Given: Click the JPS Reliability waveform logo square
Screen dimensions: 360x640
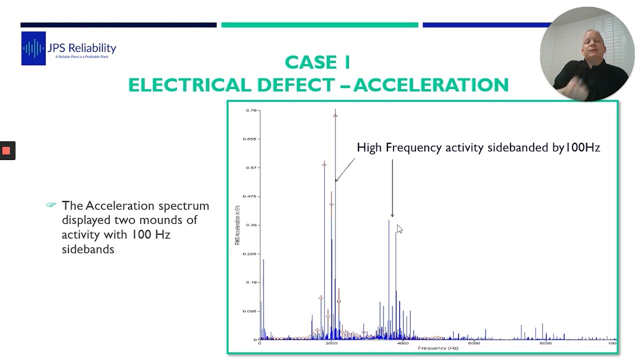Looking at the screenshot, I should click(x=33, y=48).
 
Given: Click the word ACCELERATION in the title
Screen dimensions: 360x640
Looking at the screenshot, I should click(x=431, y=85).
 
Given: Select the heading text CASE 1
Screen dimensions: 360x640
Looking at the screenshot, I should click(x=317, y=63).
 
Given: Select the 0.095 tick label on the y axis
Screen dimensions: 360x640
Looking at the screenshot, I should click(x=249, y=311).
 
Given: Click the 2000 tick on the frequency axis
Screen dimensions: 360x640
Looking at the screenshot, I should click(x=331, y=343).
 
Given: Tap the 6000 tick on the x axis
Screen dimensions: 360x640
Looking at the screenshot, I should click(x=473, y=343).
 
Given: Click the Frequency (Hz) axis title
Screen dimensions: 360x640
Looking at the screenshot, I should click(x=438, y=348).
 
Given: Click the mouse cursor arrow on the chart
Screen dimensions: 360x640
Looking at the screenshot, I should click(x=399, y=228).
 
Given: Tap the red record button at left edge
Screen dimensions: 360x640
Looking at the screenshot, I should click(x=6, y=150).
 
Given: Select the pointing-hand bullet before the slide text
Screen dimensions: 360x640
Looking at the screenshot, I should click(x=51, y=205).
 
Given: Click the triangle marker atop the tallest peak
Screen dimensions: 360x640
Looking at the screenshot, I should click(x=335, y=115).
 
